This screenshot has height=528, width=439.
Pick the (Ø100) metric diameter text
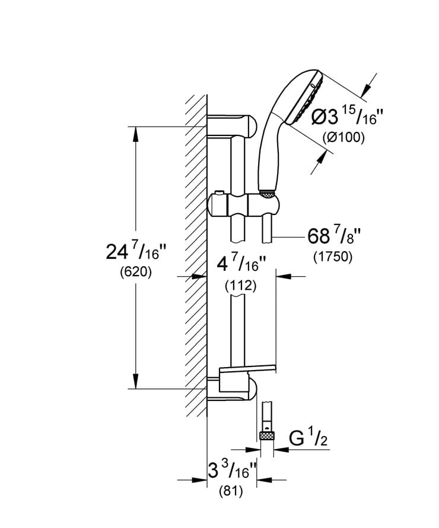(343, 137)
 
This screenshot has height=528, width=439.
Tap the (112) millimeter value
(240, 286)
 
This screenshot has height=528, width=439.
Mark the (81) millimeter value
(233, 491)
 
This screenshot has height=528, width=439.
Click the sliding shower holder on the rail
(243, 204)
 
